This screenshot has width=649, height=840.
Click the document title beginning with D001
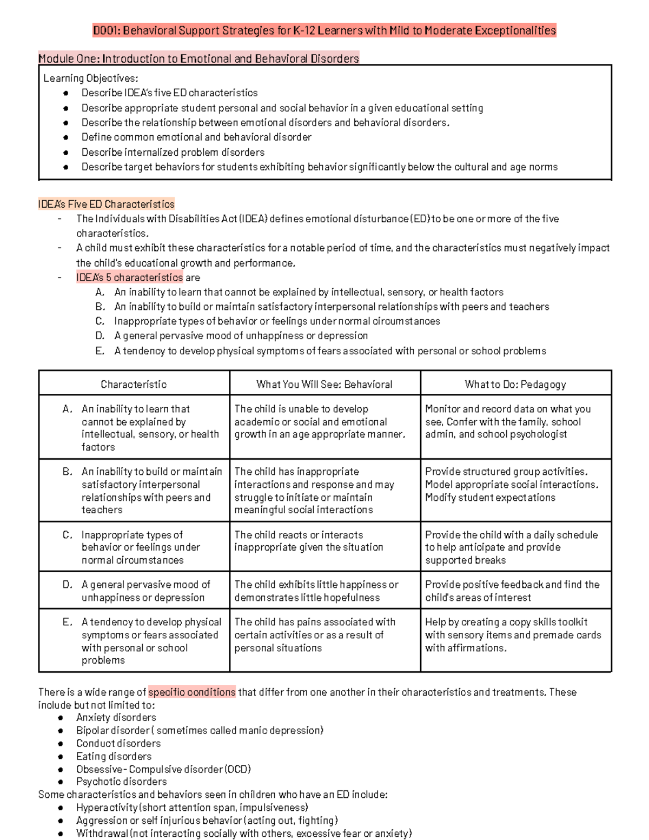click(324, 30)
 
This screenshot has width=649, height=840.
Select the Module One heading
click(198, 58)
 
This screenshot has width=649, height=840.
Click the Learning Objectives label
click(90, 78)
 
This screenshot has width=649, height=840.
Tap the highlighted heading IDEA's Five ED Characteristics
click(106, 204)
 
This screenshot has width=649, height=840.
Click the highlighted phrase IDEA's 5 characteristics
click(129, 277)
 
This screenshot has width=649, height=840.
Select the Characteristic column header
click(134, 385)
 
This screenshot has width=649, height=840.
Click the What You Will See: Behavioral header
click(325, 385)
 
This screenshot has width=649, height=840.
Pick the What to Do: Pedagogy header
click(515, 385)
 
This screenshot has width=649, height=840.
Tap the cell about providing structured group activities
click(511, 485)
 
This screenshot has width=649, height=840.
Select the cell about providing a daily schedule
click(511, 547)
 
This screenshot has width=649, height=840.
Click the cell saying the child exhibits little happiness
click(316, 591)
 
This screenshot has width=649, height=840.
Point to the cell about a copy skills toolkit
click(513, 635)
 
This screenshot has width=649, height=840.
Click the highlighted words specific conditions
click(192, 692)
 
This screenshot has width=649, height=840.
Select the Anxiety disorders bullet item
click(116, 718)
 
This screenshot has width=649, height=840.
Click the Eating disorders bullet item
click(114, 756)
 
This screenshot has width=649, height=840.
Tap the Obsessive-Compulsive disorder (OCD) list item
click(163, 769)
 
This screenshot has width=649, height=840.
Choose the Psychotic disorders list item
click(121, 782)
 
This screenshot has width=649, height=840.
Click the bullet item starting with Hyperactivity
click(192, 808)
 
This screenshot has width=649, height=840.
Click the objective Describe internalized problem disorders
click(173, 153)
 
